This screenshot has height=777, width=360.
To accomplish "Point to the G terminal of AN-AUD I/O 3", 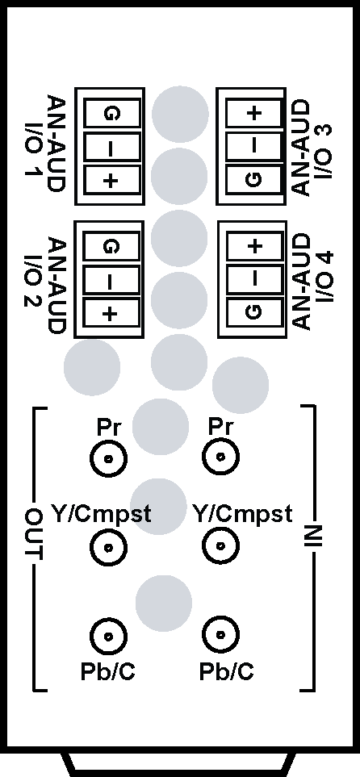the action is pyautogui.click(x=253, y=181).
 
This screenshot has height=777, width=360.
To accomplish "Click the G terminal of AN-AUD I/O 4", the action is pyautogui.click(x=254, y=312).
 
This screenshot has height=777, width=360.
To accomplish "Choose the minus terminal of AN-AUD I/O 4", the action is pyautogui.click(x=254, y=279).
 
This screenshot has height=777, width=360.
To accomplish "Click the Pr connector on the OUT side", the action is pyautogui.click(x=108, y=458).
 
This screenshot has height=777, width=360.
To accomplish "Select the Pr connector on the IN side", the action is pyautogui.click(x=220, y=457).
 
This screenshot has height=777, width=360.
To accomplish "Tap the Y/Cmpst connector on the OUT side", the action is pyautogui.click(x=108, y=547).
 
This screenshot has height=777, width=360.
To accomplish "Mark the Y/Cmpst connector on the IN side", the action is pyautogui.click(x=220, y=545).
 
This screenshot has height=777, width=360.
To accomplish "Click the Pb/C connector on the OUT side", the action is pyautogui.click(x=108, y=637).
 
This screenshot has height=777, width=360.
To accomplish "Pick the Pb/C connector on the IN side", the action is pyautogui.click(x=220, y=635).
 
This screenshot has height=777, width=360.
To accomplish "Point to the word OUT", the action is pyautogui.click(x=34, y=535).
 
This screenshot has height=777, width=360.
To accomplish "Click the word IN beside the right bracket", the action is pyautogui.click(x=314, y=536).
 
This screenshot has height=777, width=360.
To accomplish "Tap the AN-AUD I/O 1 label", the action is pyautogui.click(x=44, y=144).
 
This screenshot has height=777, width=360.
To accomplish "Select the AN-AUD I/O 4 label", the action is pyautogui.click(x=313, y=281).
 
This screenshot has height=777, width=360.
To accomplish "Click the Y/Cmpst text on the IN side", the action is pyautogui.click(x=242, y=516).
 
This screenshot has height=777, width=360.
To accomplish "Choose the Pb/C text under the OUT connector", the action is pyautogui.click(x=107, y=671).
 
